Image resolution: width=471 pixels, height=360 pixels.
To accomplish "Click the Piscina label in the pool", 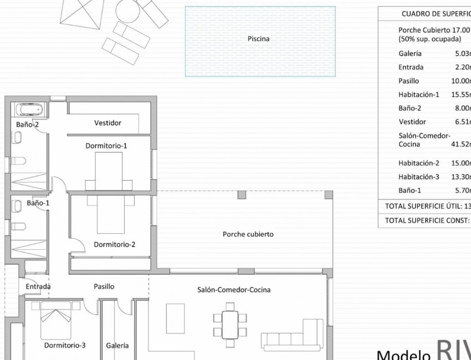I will [x=258, y=39].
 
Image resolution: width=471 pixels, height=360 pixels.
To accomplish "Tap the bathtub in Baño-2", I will [x=27, y=109].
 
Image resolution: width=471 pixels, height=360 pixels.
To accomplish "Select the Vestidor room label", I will [x=107, y=123].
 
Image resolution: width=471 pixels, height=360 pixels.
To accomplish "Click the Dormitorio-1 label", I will [x=106, y=146].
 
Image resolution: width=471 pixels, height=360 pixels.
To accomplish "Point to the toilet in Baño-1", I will [x=19, y=227].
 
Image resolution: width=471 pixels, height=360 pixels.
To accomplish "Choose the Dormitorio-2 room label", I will [x=115, y=244].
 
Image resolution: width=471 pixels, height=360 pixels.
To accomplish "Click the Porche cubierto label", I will [x=248, y=234].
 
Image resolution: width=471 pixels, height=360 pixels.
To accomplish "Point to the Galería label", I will [x=117, y=345].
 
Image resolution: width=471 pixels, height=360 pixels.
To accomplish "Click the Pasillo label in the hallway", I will [x=104, y=286].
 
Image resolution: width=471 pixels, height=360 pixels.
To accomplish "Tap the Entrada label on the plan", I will [x=38, y=286].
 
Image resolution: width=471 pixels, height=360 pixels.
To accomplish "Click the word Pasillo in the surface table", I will [x=408, y=81].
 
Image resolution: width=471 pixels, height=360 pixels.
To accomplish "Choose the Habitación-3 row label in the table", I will [x=418, y=177].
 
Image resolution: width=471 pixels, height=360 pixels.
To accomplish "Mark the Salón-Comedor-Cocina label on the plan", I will [x=234, y=290].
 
